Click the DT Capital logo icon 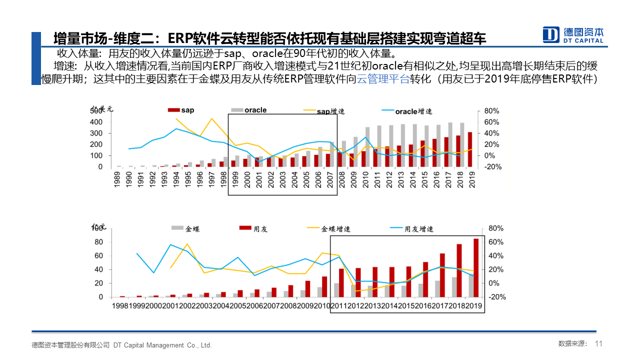click(551, 34)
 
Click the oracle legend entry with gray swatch click(249, 110)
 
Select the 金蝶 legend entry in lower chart click(185, 229)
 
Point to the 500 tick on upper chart click(96, 111)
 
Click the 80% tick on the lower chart click(495, 228)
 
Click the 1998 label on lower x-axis click(121, 305)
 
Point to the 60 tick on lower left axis click(98, 256)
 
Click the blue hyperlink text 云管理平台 click(383, 79)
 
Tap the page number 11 click(599, 344)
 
